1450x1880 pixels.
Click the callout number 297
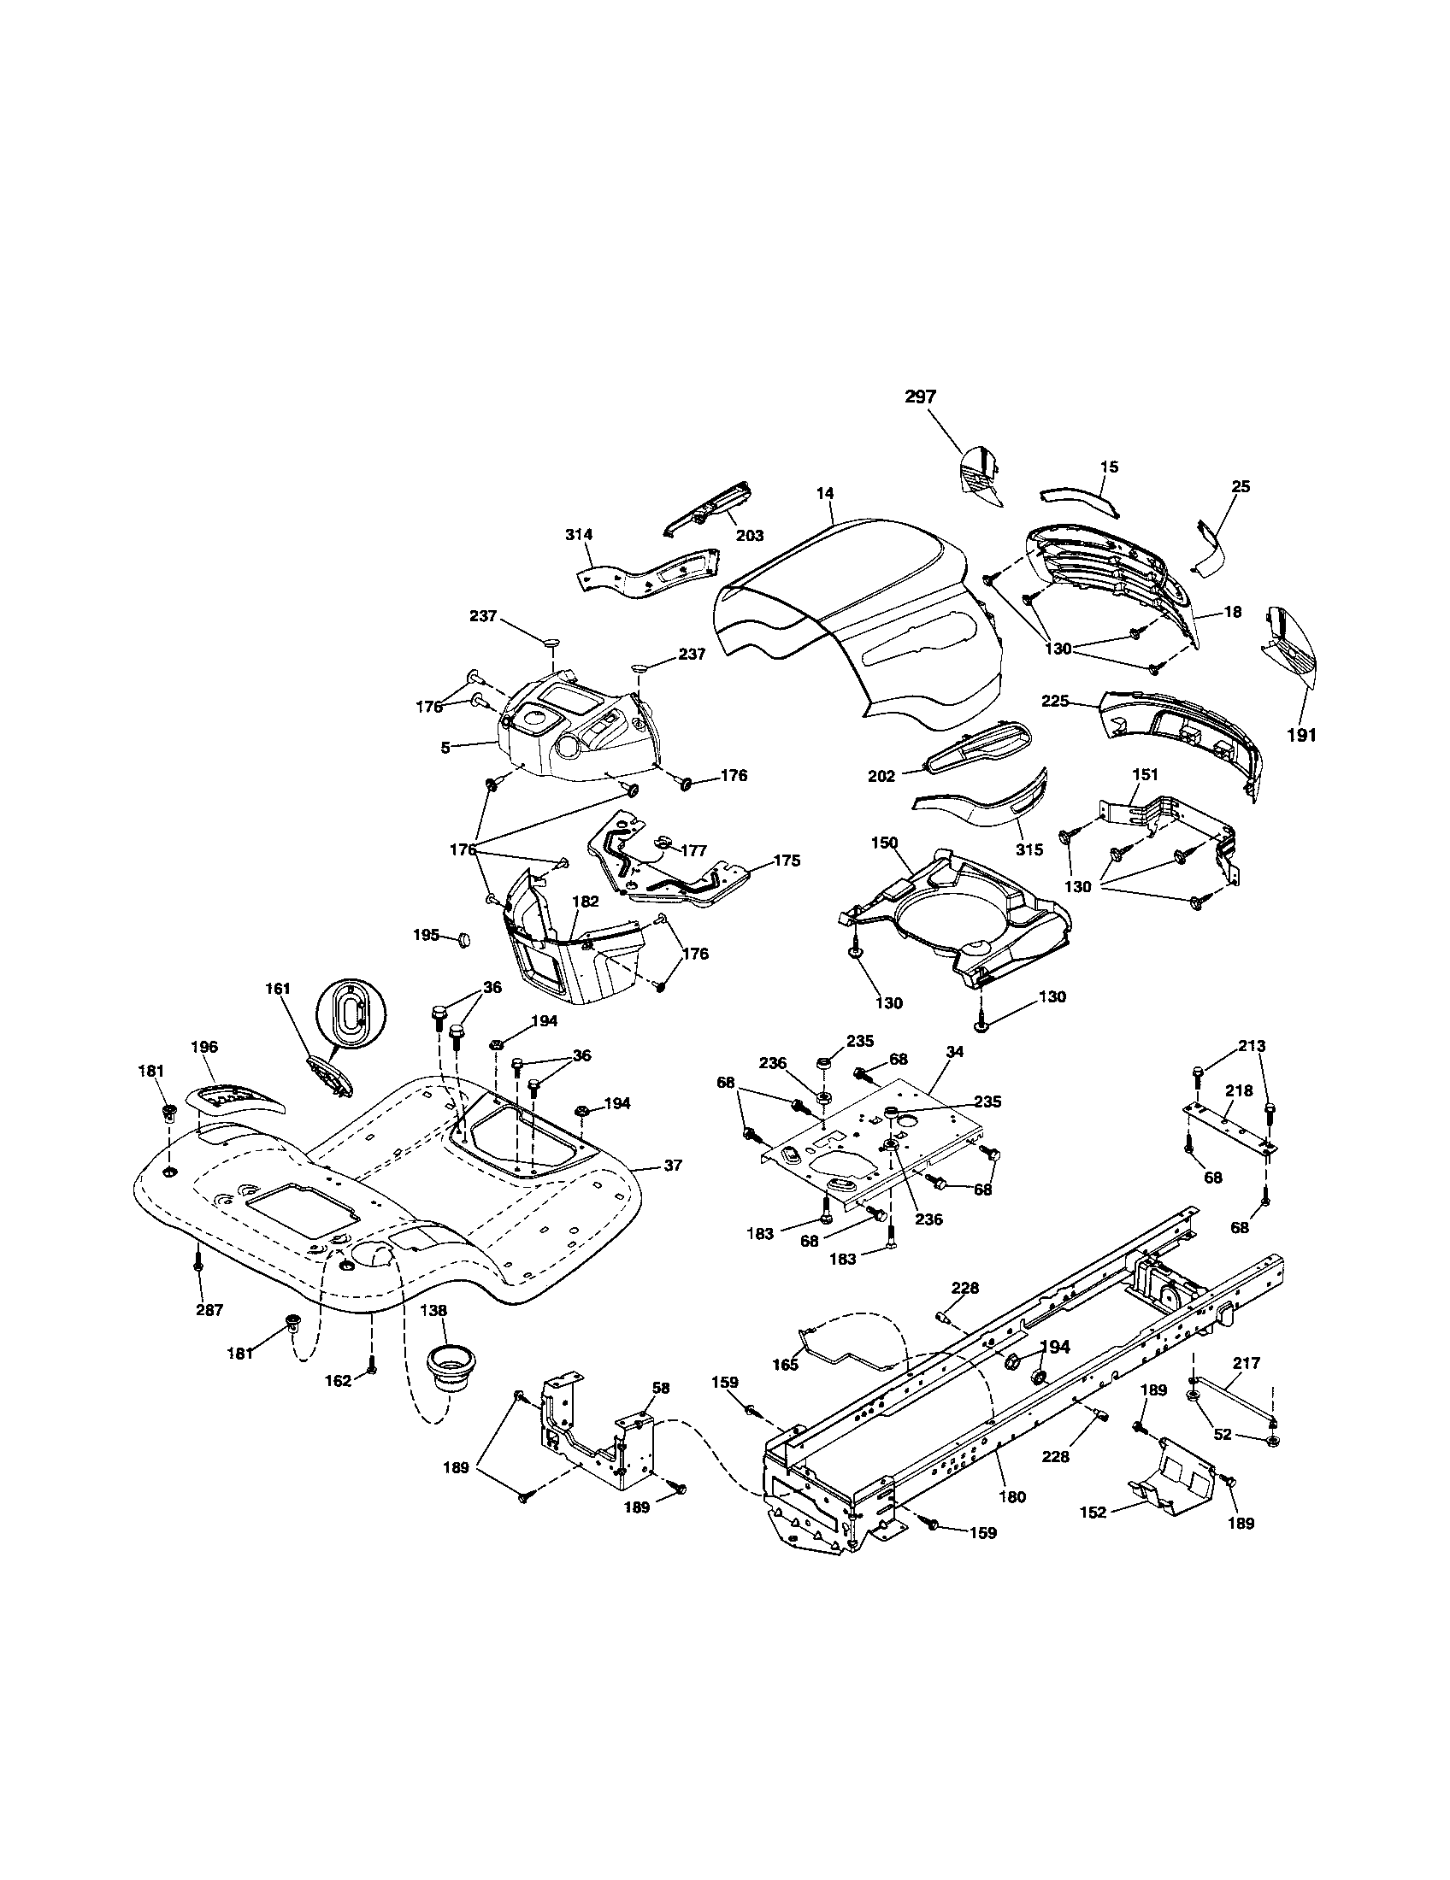920,397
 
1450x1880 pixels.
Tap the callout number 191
1302,735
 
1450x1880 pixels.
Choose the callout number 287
209,1310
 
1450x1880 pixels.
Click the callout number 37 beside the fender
673,1166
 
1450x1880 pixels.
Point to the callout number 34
954,1052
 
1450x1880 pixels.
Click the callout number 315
1029,849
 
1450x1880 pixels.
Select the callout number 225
1055,702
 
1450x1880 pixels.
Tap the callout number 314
579,535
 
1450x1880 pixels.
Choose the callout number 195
427,935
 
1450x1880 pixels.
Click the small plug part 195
463,938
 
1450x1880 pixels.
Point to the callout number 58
660,1389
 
